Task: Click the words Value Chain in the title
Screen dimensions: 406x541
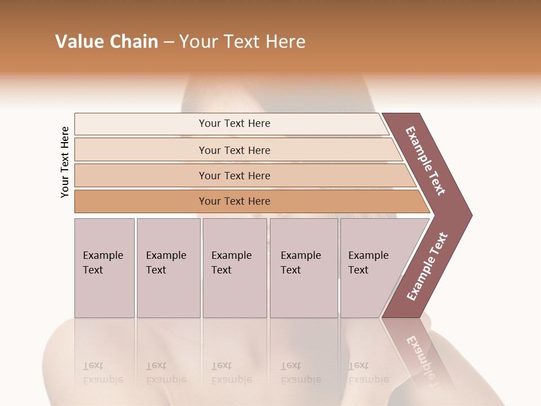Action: click(x=107, y=42)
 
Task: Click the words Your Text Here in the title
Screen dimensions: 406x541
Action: click(x=242, y=42)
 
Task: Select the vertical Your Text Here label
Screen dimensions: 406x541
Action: click(x=65, y=162)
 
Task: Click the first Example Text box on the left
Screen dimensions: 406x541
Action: click(x=104, y=268)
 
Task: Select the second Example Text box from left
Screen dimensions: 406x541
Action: click(x=168, y=268)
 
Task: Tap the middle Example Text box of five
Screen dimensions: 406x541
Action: click(x=234, y=268)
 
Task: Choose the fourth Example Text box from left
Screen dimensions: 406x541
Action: click(x=303, y=268)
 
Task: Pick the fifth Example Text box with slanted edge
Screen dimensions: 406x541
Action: click(x=369, y=268)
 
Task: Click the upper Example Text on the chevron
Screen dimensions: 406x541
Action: click(x=425, y=161)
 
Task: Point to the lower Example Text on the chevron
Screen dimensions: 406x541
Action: click(x=427, y=267)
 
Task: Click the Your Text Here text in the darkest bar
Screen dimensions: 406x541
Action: click(x=234, y=201)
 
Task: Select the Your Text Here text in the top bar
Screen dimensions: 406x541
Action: click(x=234, y=123)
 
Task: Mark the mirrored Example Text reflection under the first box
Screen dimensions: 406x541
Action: click(x=103, y=373)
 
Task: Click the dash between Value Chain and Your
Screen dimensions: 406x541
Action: click(x=168, y=42)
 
